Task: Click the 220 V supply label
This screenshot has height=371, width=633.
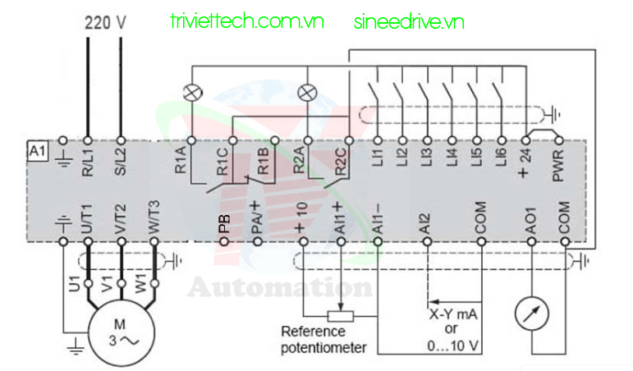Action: point(106,22)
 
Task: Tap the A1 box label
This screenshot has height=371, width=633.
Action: point(36,151)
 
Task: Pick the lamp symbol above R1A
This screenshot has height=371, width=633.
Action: point(191,94)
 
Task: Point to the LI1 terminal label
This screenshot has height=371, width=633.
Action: point(378,158)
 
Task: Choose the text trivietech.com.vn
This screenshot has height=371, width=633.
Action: point(245,22)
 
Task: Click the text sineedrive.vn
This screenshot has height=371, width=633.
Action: point(409,22)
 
